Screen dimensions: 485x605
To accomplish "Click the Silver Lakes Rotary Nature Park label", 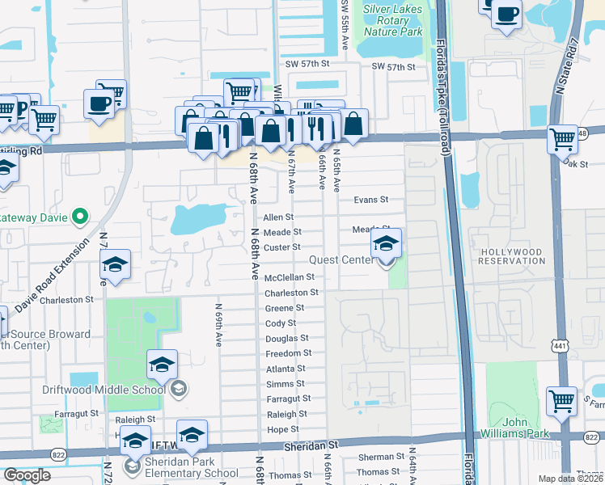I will (393, 20).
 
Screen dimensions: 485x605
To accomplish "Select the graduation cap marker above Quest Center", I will (387, 243).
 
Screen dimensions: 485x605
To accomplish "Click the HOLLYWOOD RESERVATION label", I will (511, 257).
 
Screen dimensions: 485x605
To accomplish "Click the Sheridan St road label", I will (310, 445).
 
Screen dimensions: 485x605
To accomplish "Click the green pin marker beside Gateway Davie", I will (79, 216).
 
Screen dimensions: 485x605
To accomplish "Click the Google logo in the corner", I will (27, 475).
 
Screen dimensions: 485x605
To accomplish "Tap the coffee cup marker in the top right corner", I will (506, 14).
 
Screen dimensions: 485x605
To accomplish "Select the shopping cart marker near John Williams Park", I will (561, 400).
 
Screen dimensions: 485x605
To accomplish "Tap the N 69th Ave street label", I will (218, 326).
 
